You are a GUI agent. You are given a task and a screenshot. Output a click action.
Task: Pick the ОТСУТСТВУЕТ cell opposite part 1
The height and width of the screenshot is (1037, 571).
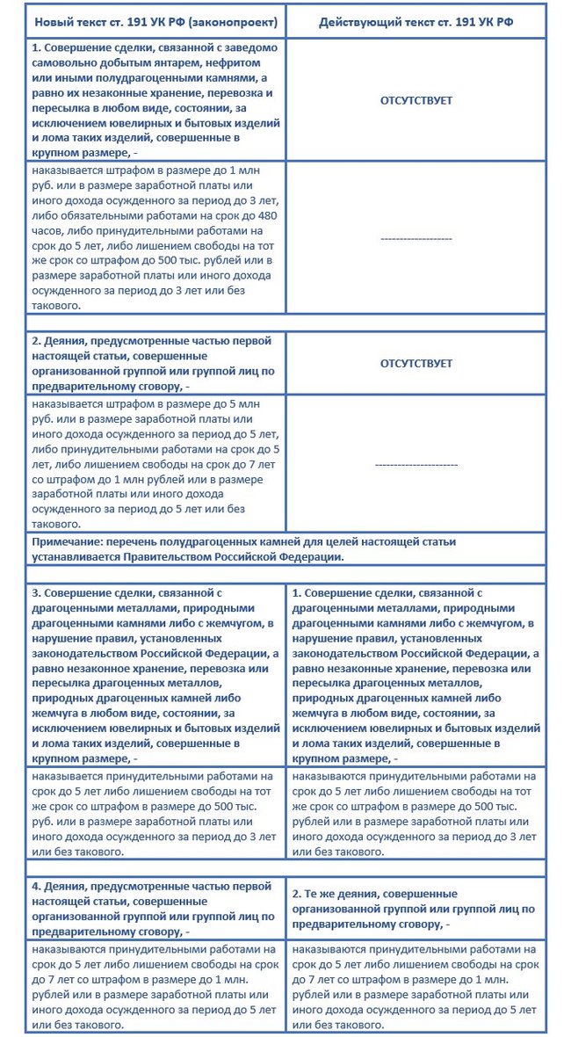point(416,101)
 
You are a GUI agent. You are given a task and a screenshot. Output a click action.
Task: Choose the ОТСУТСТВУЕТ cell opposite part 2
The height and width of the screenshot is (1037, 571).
point(416,363)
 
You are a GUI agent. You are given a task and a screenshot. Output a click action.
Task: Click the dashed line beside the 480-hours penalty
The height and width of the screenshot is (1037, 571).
point(416,238)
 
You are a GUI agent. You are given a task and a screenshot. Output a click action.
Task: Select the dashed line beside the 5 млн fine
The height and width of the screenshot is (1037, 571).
point(416,463)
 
